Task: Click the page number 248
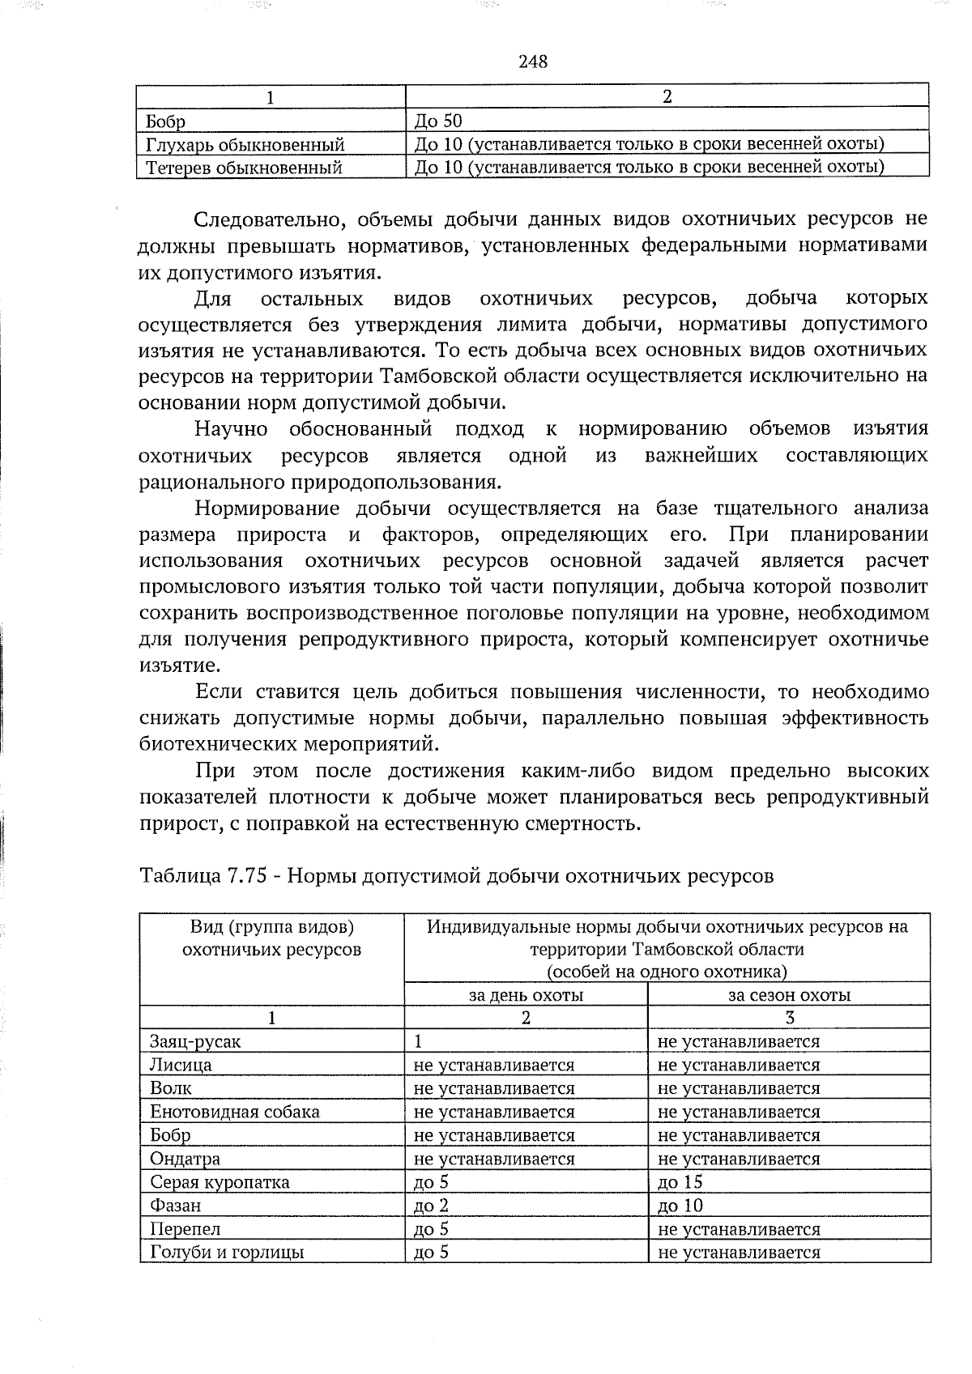point(533,62)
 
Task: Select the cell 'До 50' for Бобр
point(437,122)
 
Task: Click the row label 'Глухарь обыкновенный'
point(245,146)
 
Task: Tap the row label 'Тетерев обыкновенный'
point(244,168)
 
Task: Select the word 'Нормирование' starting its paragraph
point(266,509)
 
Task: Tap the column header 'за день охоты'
point(526,995)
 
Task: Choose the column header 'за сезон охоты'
point(789,995)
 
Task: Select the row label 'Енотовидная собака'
point(235,1112)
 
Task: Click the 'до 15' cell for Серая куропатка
point(680,1182)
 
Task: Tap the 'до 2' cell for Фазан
point(431,1206)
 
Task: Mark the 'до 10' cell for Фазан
point(680,1206)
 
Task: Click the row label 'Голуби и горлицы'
point(227,1253)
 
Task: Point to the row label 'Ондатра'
point(185,1159)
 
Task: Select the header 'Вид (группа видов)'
point(272,926)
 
